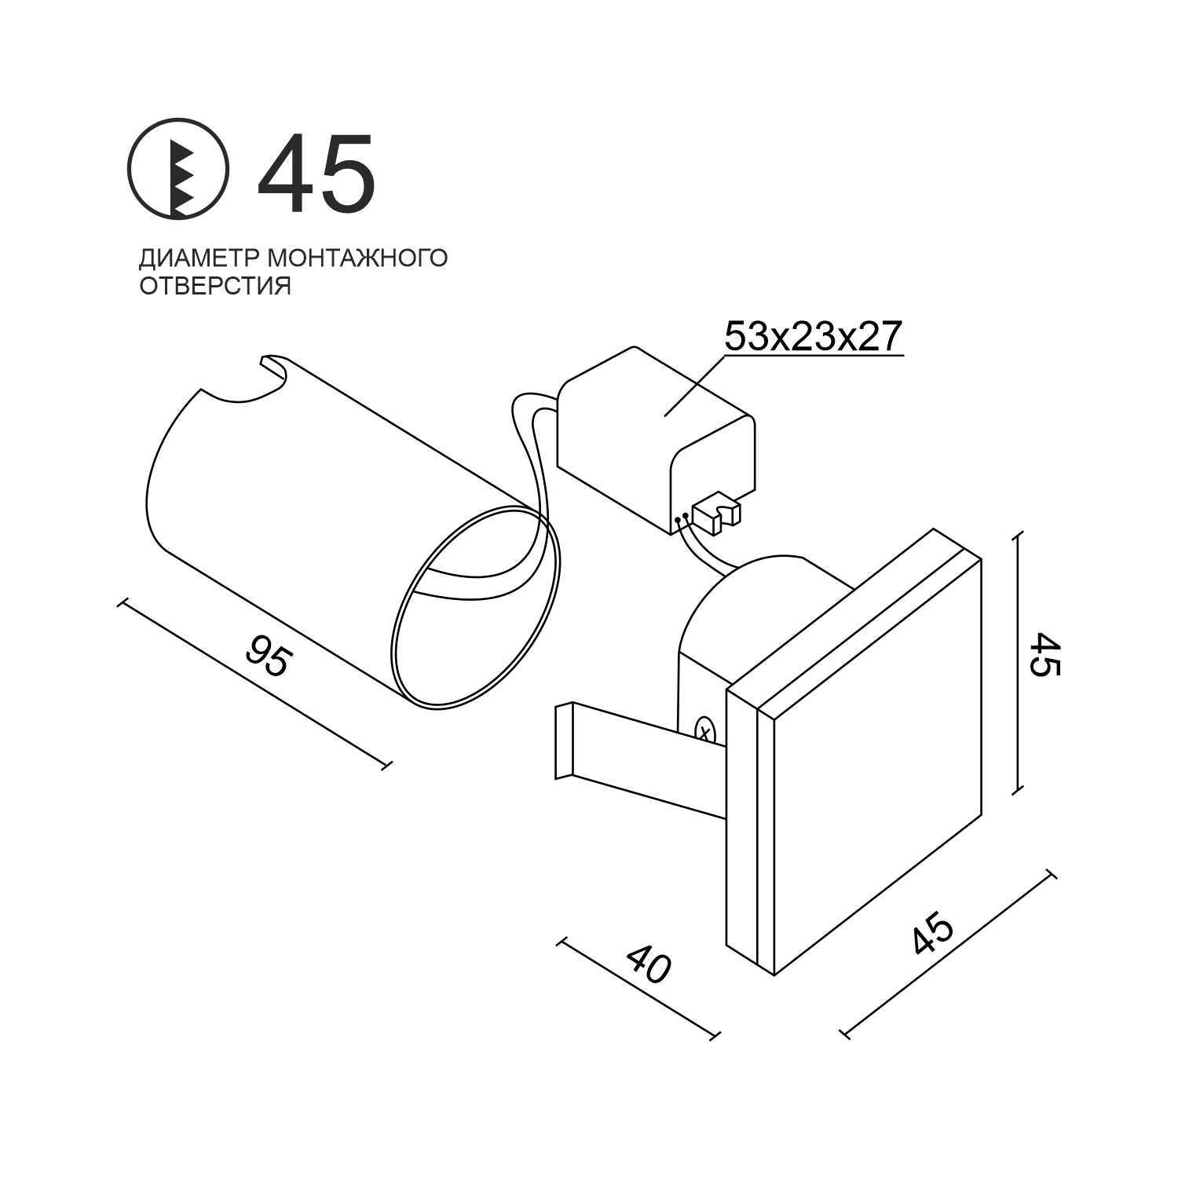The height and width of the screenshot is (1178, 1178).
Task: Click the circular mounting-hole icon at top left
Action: (178, 168)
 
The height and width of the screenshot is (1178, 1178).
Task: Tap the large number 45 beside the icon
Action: (316, 174)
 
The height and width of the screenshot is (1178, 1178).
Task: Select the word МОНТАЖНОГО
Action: (358, 258)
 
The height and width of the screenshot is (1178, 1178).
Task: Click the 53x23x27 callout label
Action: (812, 336)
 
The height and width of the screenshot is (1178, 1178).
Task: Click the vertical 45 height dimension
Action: (1044, 654)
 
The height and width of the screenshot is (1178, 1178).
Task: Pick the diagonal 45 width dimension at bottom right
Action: (933, 930)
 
